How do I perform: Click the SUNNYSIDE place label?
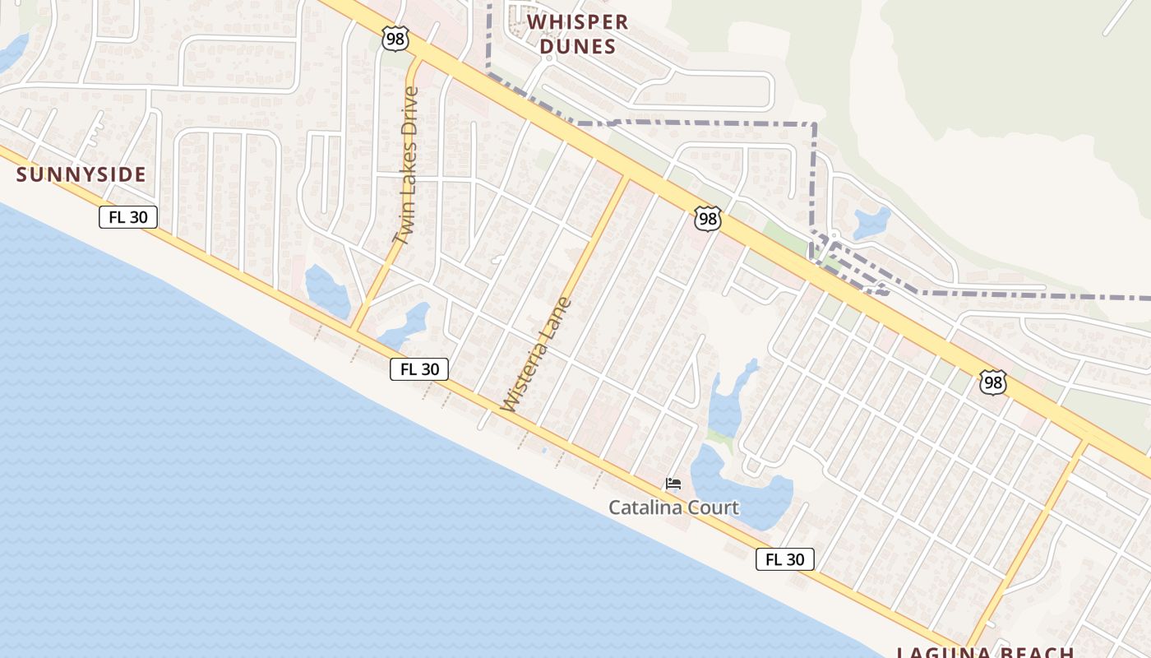tap(81, 174)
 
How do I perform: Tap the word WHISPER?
tap(577, 22)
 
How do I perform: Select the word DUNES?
tap(577, 47)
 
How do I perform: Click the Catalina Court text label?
tap(673, 507)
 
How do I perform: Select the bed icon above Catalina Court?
tap(673, 483)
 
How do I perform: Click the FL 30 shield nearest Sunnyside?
tap(127, 217)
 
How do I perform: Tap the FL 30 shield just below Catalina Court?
tap(784, 559)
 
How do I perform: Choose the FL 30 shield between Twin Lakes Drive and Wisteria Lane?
tap(419, 369)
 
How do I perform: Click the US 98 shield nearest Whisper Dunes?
tap(395, 37)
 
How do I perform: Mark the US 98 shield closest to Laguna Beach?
tap(993, 382)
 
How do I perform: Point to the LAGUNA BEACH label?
tap(987, 652)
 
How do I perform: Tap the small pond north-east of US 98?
tap(871, 222)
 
